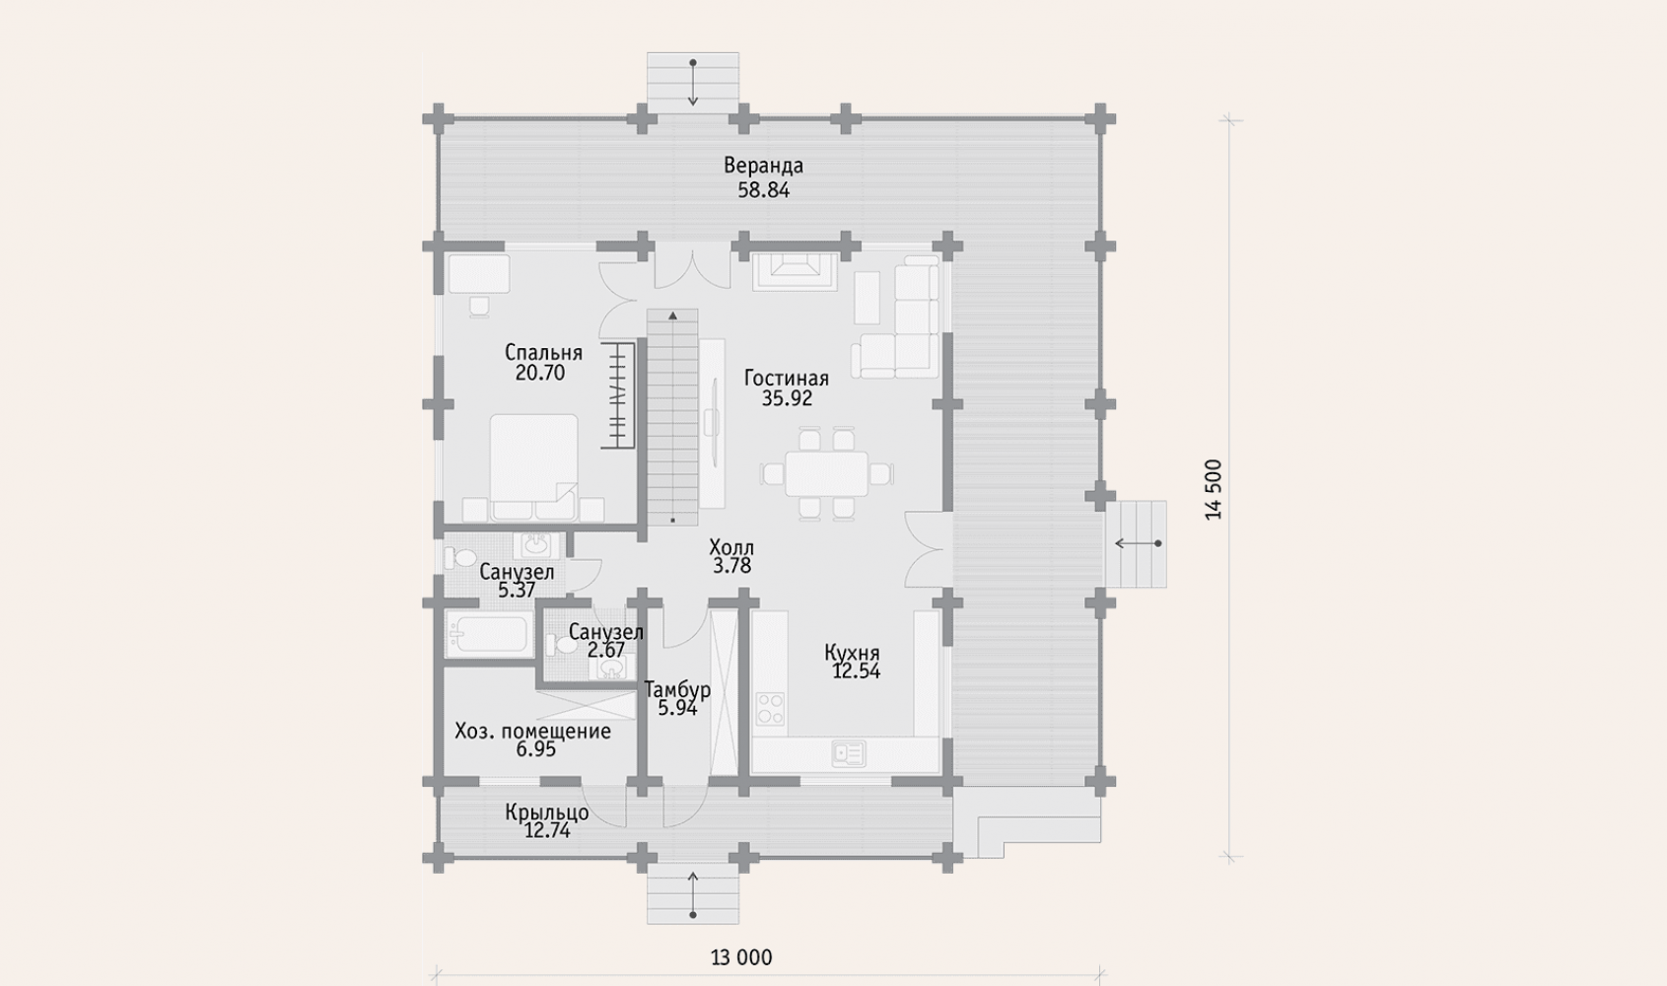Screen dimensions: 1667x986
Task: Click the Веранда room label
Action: coord(764,166)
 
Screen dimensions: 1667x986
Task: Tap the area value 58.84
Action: coord(764,190)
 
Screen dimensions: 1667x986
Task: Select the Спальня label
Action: coord(543,352)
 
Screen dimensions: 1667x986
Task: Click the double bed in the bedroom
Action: coord(533,467)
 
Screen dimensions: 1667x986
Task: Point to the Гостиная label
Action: coord(787,378)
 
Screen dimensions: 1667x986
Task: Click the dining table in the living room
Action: coord(827,473)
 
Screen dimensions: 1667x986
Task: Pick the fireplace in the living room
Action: coord(795,271)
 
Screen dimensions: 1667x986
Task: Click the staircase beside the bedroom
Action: coord(672,417)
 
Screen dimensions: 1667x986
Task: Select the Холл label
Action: coord(731,547)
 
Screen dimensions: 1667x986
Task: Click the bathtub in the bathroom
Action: coord(488,635)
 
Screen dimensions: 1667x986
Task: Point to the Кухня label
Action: coord(852,653)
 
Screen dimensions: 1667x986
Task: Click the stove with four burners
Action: coord(770,708)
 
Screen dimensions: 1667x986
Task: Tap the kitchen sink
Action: coord(848,754)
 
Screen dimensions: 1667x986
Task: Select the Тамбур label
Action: coord(677,690)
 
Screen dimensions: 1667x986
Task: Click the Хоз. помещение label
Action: coord(533,731)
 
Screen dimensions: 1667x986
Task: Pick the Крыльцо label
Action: coord(547,811)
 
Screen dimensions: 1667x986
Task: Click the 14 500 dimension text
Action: coord(1214,489)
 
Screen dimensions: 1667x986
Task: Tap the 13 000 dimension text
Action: coord(741,957)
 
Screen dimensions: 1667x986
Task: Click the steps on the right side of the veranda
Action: coord(1136,543)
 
